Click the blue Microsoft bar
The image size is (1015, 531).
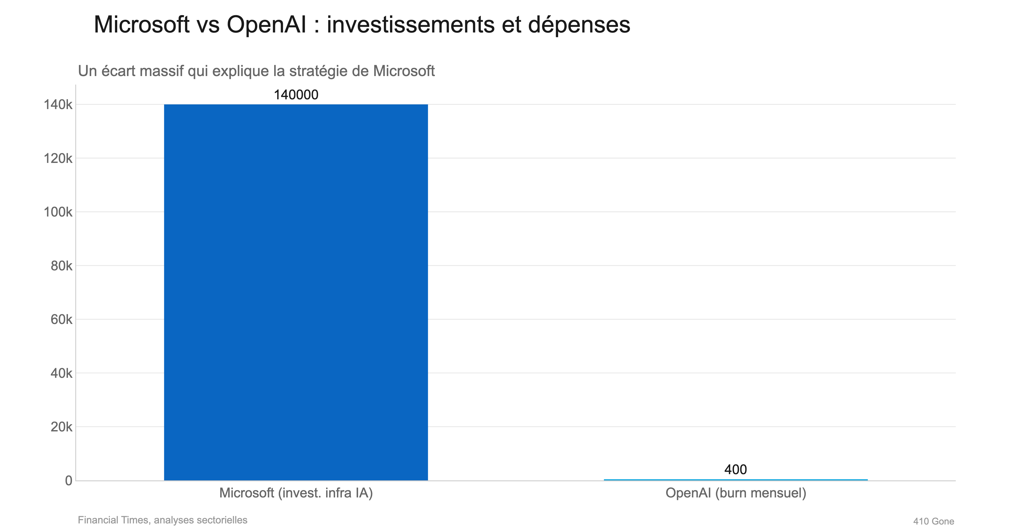pos(296,291)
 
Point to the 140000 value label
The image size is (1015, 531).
pos(296,95)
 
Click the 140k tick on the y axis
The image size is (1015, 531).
pos(58,105)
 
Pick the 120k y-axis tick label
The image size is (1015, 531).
pos(58,158)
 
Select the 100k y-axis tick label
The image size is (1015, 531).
pos(58,212)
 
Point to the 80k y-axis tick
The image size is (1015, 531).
pos(61,266)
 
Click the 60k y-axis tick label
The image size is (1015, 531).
pos(61,319)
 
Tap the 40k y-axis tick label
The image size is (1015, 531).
pos(61,373)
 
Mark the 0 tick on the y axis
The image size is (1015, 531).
pos(68,481)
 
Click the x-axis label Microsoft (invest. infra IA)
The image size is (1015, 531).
pos(296,493)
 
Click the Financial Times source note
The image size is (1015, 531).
pos(162,520)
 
